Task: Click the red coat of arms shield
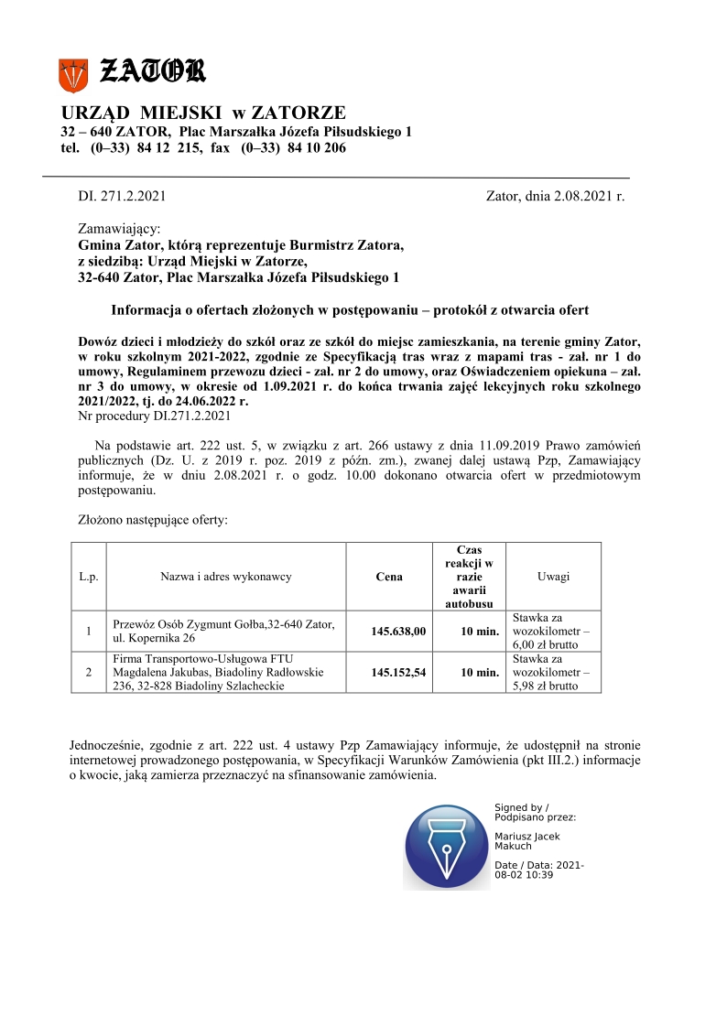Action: pos(72,74)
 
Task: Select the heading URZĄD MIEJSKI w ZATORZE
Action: pos(203,114)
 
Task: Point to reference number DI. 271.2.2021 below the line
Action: pos(122,196)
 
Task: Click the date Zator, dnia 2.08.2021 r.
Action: pos(556,196)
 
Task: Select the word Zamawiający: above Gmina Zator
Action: pos(119,228)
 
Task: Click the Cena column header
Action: pos(389,577)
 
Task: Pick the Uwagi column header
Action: pos(553,577)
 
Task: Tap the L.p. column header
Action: pos(89,577)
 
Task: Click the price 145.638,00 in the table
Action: pos(398,632)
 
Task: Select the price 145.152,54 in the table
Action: pos(398,673)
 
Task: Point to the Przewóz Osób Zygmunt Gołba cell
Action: pos(223,631)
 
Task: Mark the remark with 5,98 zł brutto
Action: pos(552,673)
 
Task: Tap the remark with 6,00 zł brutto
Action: pos(552,631)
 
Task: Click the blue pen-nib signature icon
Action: pos(445,846)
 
